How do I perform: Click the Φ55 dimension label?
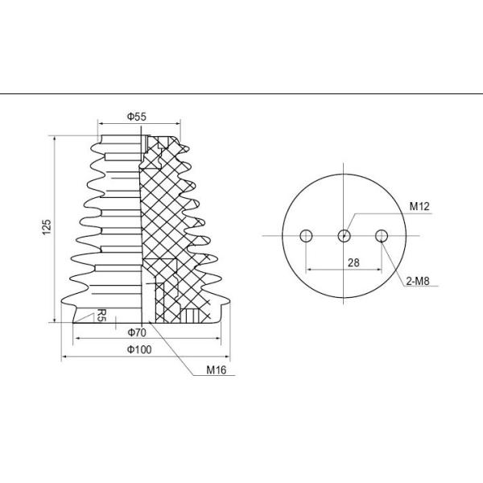(137, 117)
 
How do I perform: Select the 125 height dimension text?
(47, 228)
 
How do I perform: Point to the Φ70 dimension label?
(136, 332)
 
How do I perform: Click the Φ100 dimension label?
(140, 349)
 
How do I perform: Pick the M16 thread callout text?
(217, 371)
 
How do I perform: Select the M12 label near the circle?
(419, 207)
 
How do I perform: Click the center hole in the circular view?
(344, 235)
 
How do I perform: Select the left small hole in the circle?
(306, 235)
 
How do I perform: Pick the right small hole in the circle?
(382, 235)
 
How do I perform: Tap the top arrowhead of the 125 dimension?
(54, 138)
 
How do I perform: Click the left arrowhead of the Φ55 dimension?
(99, 124)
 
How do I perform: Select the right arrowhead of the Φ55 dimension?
(180, 124)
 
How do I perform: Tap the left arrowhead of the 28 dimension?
(308, 269)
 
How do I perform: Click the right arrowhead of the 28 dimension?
(380, 269)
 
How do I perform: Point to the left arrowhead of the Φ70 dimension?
(75, 337)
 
